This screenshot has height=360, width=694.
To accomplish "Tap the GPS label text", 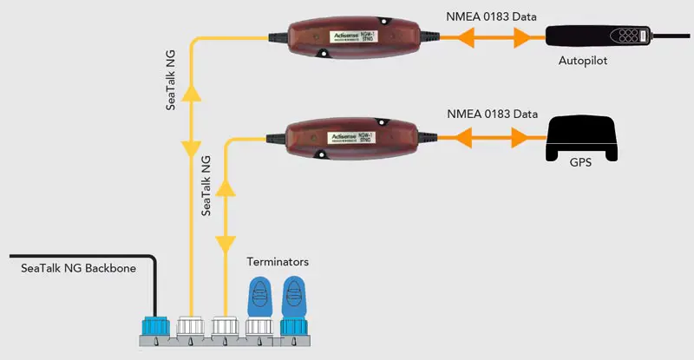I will coord(580,162).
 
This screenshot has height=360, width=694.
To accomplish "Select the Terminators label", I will coord(278,261).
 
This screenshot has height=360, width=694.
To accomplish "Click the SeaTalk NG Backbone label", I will coord(78,269).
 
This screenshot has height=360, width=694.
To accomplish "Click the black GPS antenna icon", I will coord(580,135).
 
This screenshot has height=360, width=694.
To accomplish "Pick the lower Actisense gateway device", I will coord(353,138).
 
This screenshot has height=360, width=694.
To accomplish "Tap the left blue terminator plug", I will coord(259,300).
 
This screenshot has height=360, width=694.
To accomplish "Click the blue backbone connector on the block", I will coord(157,327).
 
